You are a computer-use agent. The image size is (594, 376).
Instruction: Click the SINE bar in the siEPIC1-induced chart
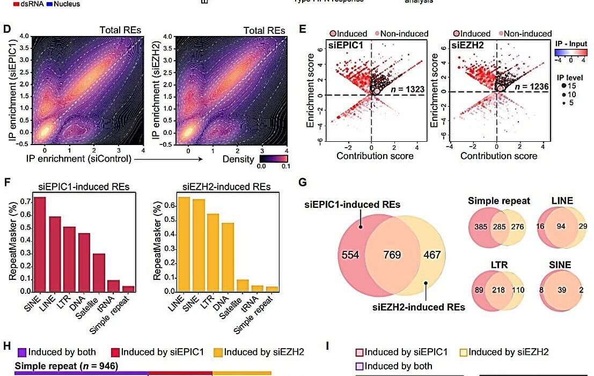40,244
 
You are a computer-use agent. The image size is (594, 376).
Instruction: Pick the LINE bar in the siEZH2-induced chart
184,244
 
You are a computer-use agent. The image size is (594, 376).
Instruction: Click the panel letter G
303,183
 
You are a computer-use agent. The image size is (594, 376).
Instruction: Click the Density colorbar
274,159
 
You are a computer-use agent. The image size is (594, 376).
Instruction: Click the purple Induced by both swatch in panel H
21,352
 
